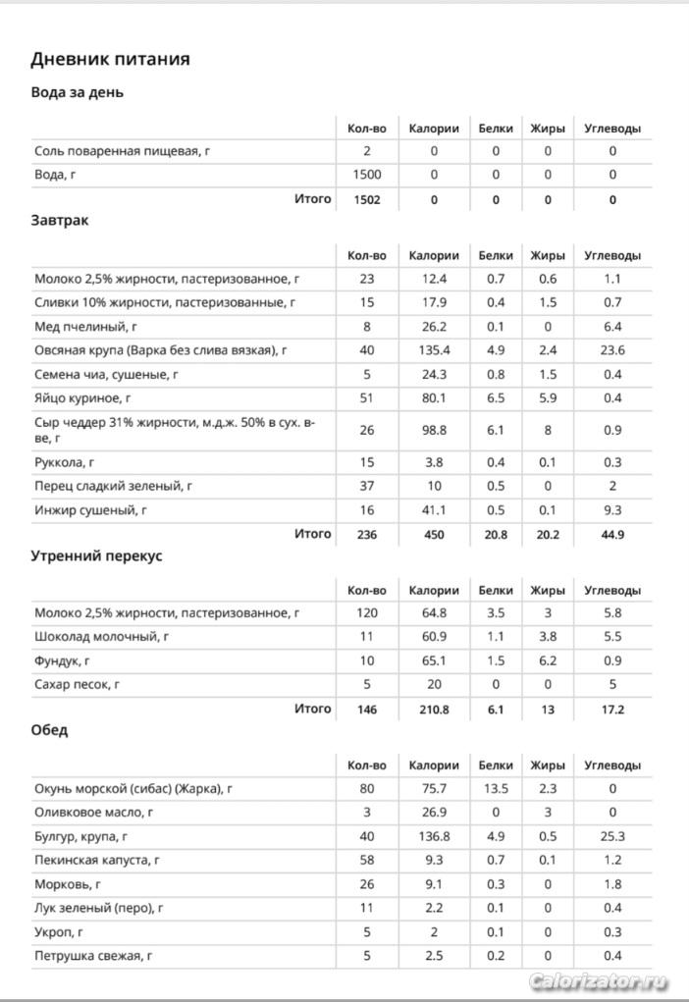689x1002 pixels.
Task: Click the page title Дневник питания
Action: pyautogui.click(x=110, y=59)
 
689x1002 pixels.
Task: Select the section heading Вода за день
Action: pyautogui.click(x=77, y=92)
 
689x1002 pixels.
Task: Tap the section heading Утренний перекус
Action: pyautogui.click(x=96, y=555)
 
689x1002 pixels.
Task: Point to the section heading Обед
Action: pyautogui.click(x=49, y=730)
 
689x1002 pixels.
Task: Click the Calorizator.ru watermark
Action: pyautogui.click(x=598, y=981)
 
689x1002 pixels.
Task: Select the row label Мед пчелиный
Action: pyautogui.click(x=85, y=326)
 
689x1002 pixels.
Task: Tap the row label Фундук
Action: pyautogui.click(x=63, y=660)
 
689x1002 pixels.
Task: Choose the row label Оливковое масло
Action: pyautogui.click(x=93, y=813)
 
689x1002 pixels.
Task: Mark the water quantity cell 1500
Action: pyautogui.click(x=367, y=175)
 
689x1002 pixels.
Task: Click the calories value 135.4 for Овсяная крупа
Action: pyautogui.click(x=433, y=349)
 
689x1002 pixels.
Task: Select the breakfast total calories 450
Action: pyautogui.click(x=433, y=535)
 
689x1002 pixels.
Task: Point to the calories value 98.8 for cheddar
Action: pyautogui.click(x=433, y=430)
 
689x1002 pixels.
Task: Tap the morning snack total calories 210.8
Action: pyautogui.click(x=433, y=709)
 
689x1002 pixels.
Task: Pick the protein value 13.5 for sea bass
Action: pyautogui.click(x=496, y=788)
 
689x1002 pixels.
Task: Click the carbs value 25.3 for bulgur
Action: pyautogui.click(x=612, y=836)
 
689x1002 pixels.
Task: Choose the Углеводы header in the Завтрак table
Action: pyautogui.click(x=612, y=255)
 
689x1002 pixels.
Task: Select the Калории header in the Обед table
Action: pyautogui.click(x=433, y=765)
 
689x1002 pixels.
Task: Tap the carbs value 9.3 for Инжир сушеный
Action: pyautogui.click(x=612, y=510)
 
